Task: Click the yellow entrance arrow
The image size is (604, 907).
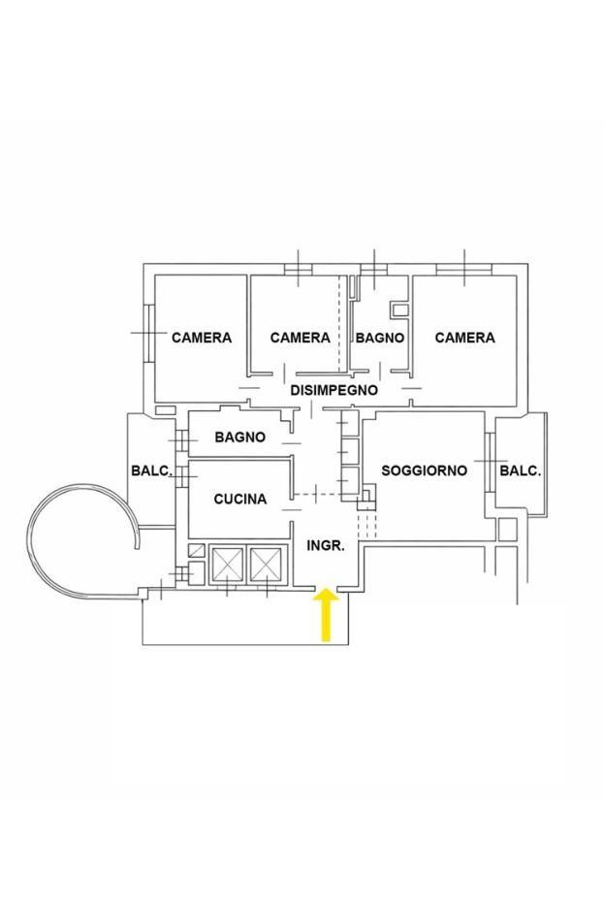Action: click(327, 615)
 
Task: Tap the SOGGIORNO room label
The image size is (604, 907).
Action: click(424, 470)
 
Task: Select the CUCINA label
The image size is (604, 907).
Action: click(240, 499)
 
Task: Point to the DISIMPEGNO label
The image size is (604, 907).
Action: click(334, 390)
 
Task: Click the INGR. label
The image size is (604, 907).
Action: click(326, 545)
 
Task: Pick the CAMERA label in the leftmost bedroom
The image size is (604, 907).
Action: click(202, 338)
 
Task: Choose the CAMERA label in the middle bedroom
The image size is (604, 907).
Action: click(300, 338)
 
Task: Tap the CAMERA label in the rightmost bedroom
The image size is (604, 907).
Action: click(464, 338)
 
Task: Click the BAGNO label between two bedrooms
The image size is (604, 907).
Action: click(380, 338)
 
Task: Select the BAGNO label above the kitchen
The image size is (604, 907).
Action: click(240, 437)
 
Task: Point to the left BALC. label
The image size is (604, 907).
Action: click(152, 470)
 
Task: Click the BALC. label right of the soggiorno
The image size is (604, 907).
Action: click(521, 470)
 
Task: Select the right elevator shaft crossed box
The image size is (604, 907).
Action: click(267, 564)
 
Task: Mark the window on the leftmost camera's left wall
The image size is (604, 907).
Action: click(148, 333)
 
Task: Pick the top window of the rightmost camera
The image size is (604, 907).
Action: click(464, 269)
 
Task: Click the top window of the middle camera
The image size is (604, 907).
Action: click(299, 269)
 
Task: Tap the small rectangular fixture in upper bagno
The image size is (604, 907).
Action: click(400, 309)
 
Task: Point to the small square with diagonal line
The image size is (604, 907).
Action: click(197, 551)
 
